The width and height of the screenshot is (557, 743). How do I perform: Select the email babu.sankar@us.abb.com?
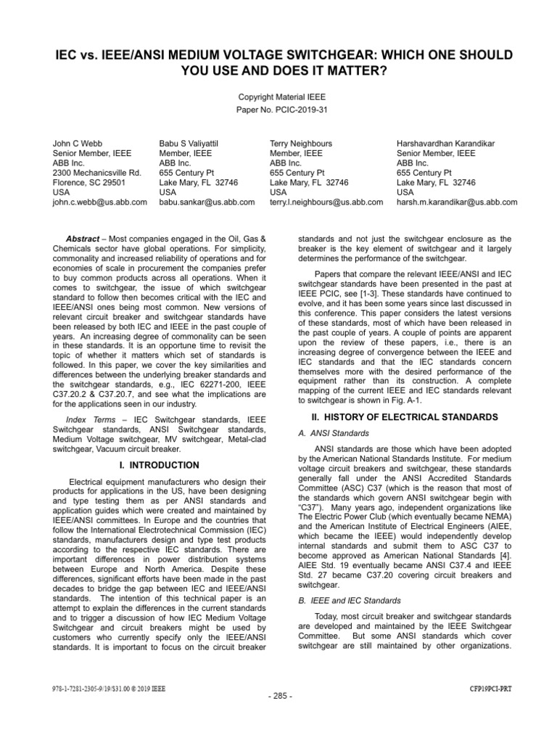pyautogui.click(x=207, y=203)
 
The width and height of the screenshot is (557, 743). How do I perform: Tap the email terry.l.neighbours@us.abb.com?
pyautogui.click(x=326, y=203)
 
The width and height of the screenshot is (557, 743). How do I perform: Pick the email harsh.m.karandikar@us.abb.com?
pyautogui.click(x=457, y=203)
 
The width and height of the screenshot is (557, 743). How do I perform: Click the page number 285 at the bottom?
pyautogui.click(x=278, y=697)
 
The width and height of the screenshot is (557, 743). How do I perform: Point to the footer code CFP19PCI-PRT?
pyautogui.click(x=490, y=685)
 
